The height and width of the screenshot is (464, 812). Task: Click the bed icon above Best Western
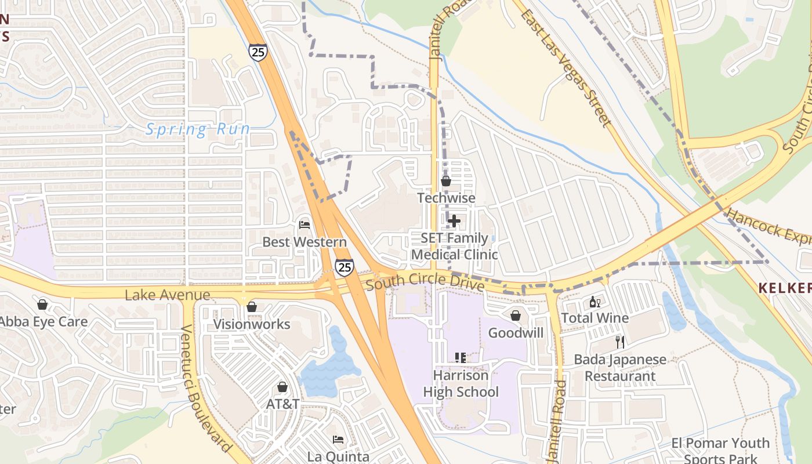304,224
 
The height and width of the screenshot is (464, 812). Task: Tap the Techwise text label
446,198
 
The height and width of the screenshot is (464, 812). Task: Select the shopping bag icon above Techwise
446,181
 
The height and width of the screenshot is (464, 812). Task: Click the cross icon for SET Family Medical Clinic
454,221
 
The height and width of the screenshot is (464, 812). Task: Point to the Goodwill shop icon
516,316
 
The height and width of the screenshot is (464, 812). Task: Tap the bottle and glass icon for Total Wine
594,302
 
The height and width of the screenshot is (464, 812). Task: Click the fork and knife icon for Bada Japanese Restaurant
620,342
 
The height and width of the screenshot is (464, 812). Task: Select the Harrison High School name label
461,383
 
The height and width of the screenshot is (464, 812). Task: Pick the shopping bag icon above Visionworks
252,307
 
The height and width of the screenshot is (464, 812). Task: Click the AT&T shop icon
282,387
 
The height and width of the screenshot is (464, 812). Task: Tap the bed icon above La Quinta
338,440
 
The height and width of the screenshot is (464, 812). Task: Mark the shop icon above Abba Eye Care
42,304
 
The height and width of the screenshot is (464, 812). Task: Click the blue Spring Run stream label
197,129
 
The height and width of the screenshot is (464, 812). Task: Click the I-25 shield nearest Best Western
344,267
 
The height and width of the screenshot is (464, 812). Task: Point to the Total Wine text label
594,318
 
